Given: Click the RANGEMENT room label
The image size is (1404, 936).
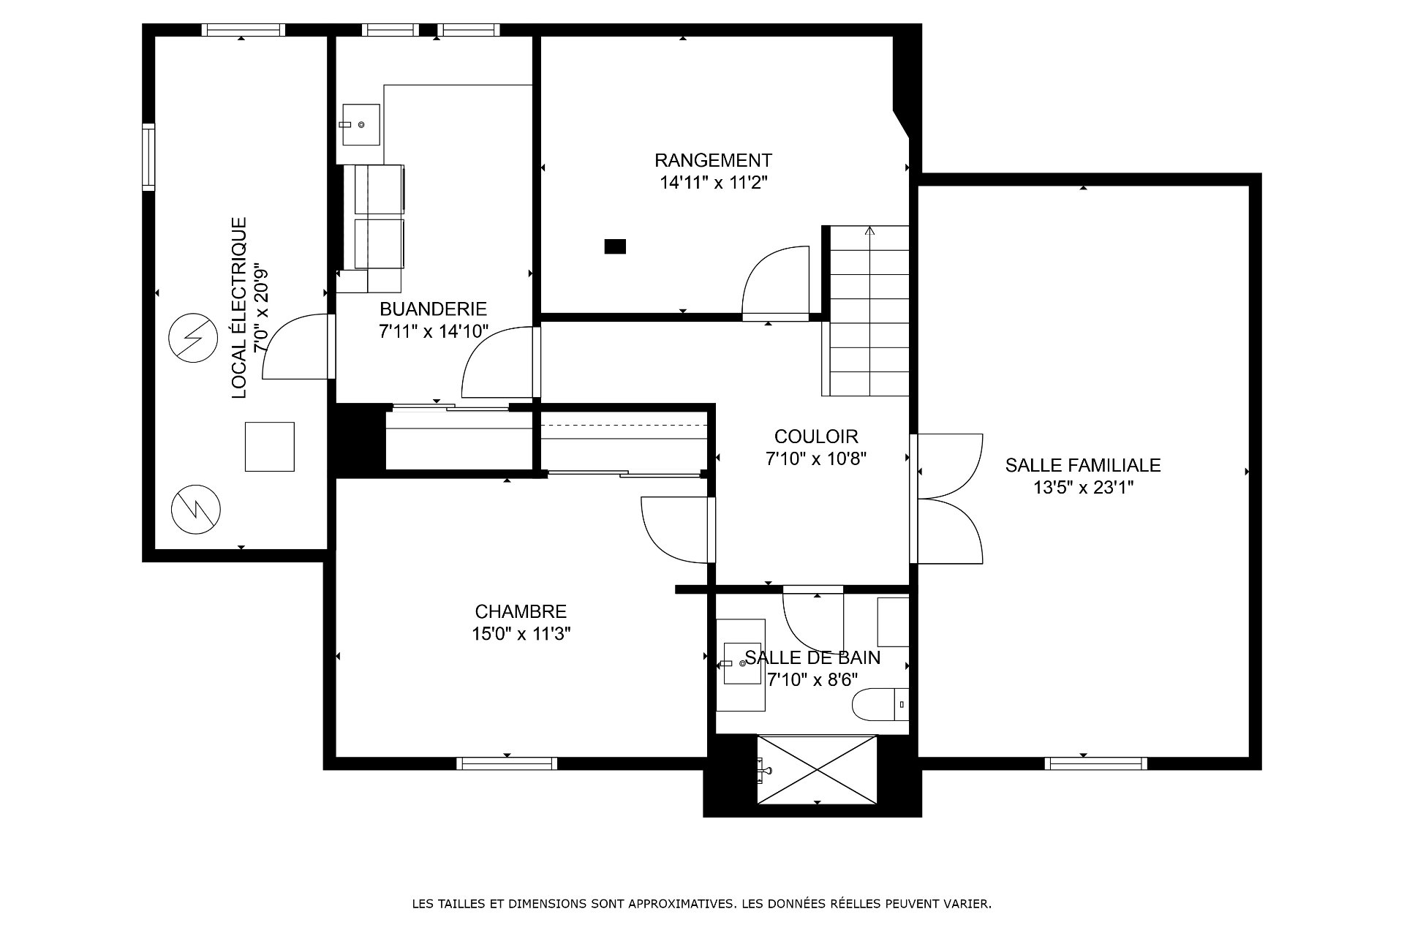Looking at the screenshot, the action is pyautogui.click(x=713, y=159).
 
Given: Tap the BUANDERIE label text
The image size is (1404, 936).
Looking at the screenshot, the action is pyautogui.click(x=433, y=309).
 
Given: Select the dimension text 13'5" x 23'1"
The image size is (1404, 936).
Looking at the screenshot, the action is pyautogui.click(x=1083, y=487).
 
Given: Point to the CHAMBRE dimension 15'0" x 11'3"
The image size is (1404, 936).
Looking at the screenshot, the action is pyautogui.click(x=521, y=633).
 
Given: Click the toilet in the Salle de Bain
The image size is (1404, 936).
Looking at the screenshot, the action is pyautogui.click(x=880, y=704).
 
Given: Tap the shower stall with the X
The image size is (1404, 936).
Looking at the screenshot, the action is pyautogui.click(x=816, y=770).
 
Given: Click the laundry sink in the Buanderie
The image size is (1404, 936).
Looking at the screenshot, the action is pyautogui.click(x=359, y=125).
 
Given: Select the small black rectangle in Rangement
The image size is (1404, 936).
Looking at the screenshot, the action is pyautogui.click(x=615, y=246).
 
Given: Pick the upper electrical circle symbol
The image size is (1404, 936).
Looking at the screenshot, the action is pyautogui.click(x=193, y=339).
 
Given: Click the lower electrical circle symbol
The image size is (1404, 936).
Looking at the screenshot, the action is pyautogui.click(x=196, y=508).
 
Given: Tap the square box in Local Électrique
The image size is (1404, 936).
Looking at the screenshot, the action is pyautogui.click(x=269, y=447).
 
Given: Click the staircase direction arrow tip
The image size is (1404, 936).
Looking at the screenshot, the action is pyautogui.click(x=869, y=227).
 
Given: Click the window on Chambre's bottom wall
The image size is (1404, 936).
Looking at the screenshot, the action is pyautogui.click(x=507, y=763).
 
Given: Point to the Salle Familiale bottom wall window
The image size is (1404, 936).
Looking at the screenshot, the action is pyautogui.click(x=1095, y=763).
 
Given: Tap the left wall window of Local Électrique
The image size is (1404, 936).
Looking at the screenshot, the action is pyautogui.click(x=148, y=157).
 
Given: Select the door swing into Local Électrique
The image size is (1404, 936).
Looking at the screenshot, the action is pyautogui.click(x=295, y=347).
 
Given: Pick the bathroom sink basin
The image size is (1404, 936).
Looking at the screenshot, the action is pyautogui.click(x=744, y=663).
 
